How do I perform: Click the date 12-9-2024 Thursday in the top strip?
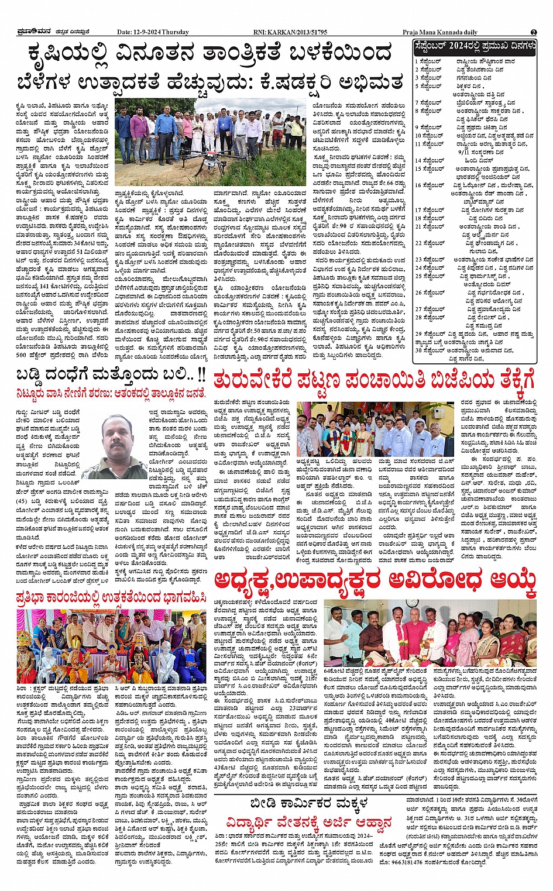pos(153,32)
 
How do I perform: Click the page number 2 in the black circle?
pos(534,32)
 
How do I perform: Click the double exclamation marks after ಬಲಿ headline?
pos(201,374)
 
